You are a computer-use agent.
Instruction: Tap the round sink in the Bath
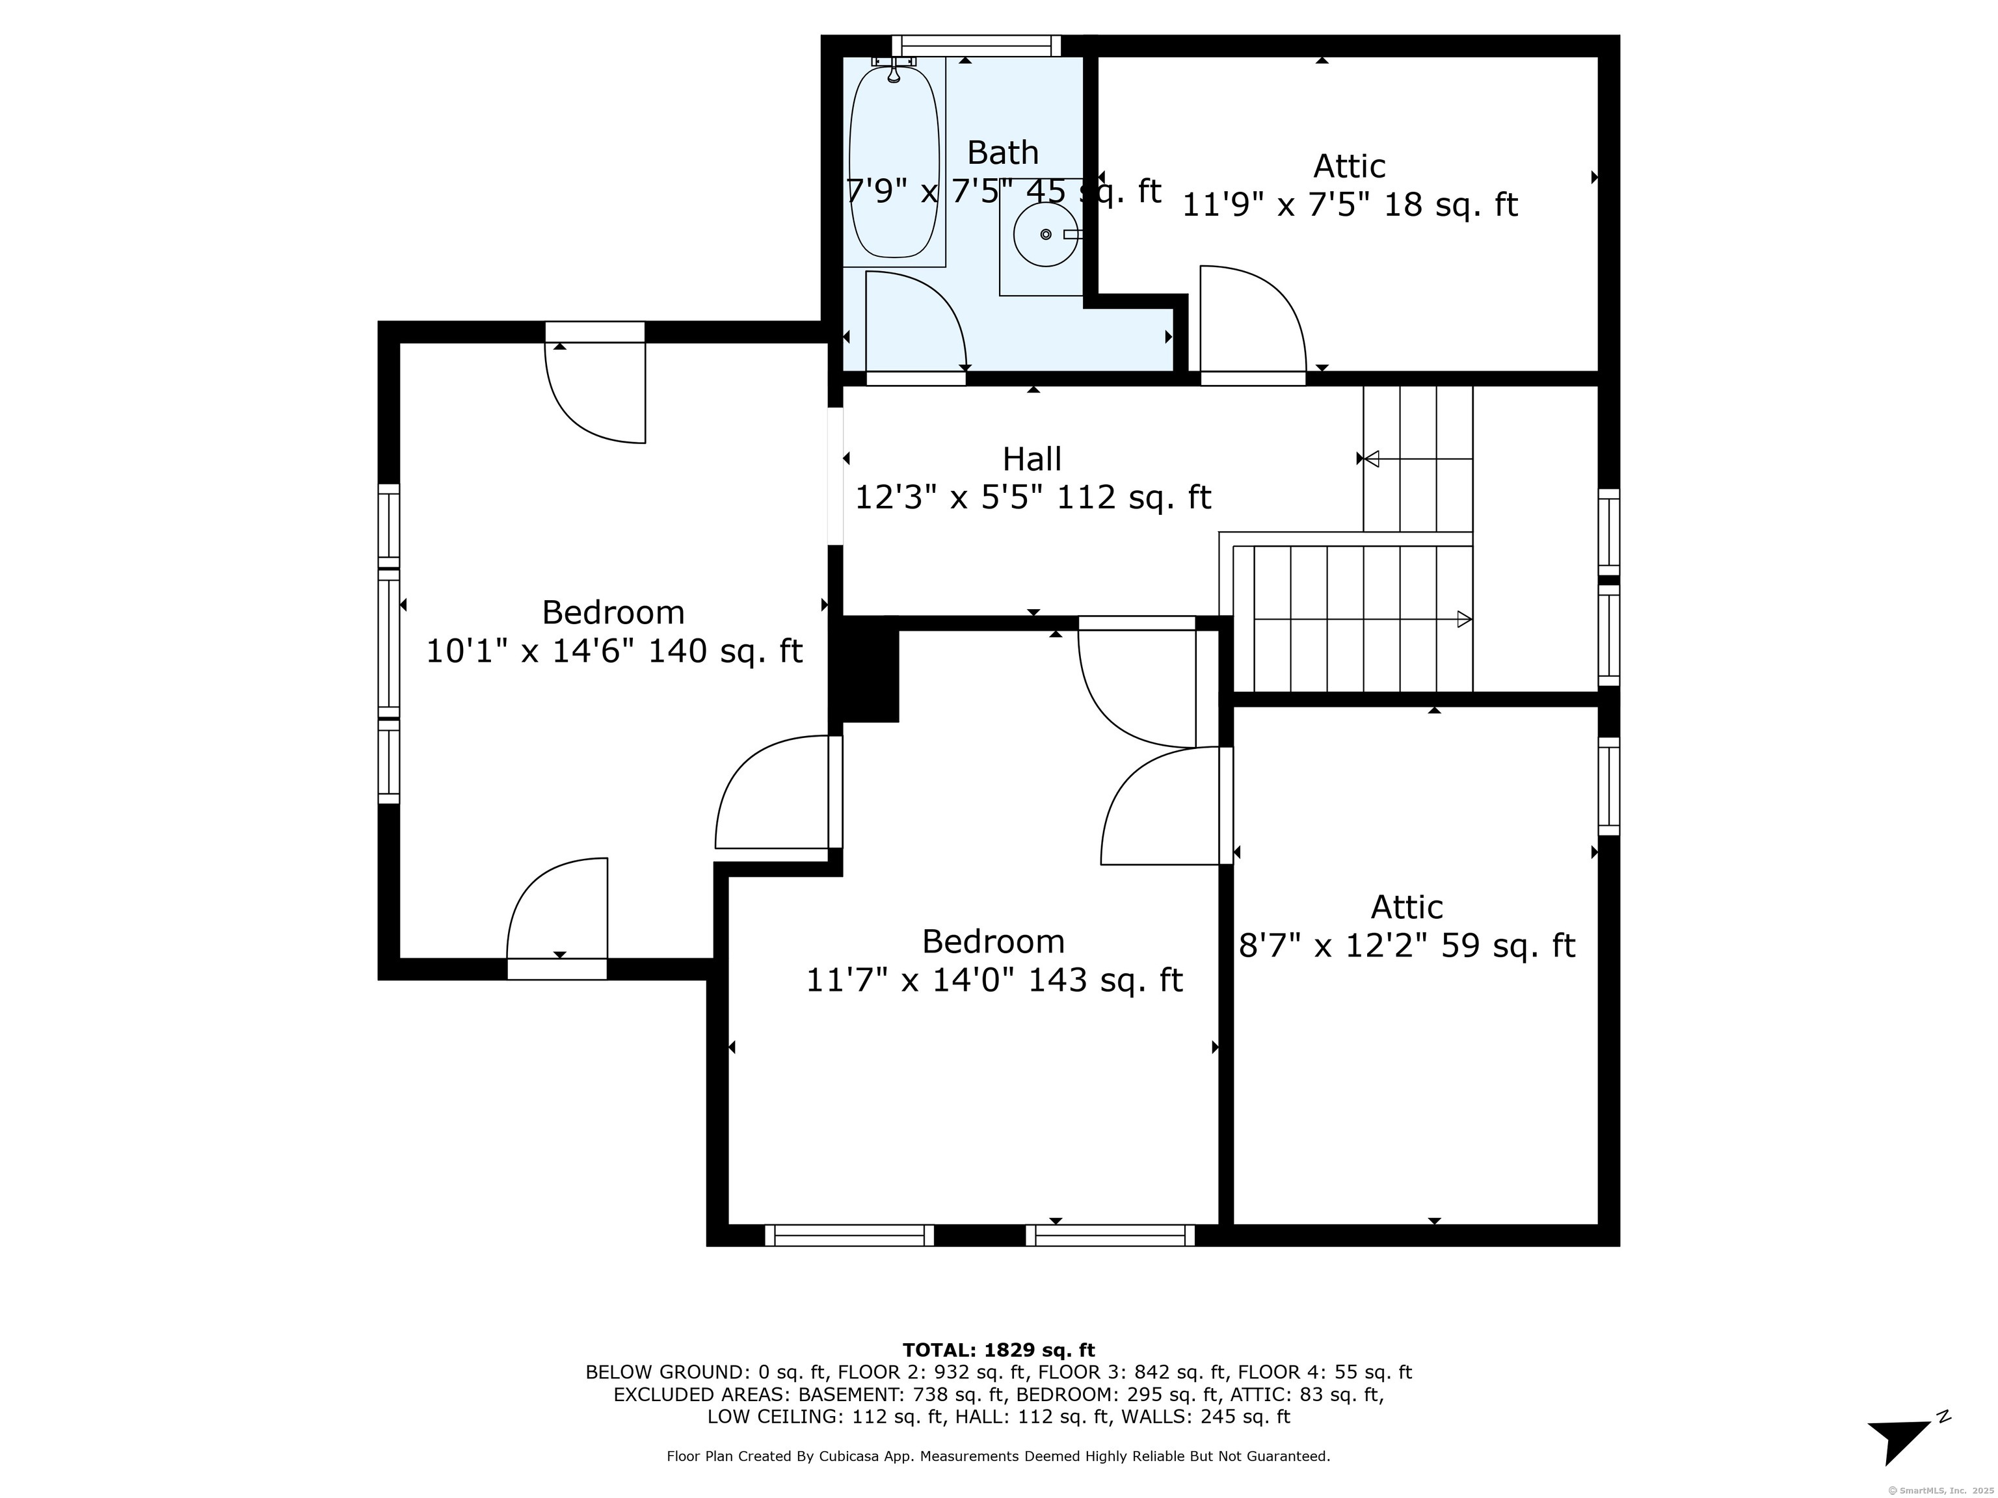click(x=1045, y=235)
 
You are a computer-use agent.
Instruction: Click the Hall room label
click(x=1032, y=459)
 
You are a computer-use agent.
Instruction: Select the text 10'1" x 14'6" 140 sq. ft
click(x=614, y=650)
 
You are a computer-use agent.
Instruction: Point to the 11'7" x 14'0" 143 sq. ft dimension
click(x=994, y=980)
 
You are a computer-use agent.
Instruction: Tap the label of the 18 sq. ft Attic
click(x=1350, y=166)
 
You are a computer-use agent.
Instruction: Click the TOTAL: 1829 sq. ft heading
click(x=998, y=1350)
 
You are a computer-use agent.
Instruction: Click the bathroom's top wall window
click(x=976, y=46)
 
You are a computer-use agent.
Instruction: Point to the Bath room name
click(x=1003, y=153)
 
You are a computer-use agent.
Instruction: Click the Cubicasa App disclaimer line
click(x=998, y=1456)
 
